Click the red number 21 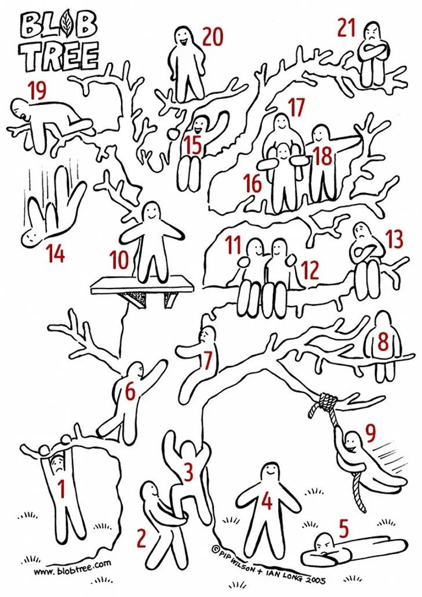pyautogui.click(x=347, y=28)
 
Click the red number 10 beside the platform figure pyautogui.click(x=119, y=260)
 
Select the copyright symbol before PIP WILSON pyautogui.click(x=216, y=549)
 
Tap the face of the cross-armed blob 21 pyautogui.click(x=372, y=34)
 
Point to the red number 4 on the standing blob pyautogui.click(x=267, y=501)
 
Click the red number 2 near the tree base pyautogui.click(x=141, y=538)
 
